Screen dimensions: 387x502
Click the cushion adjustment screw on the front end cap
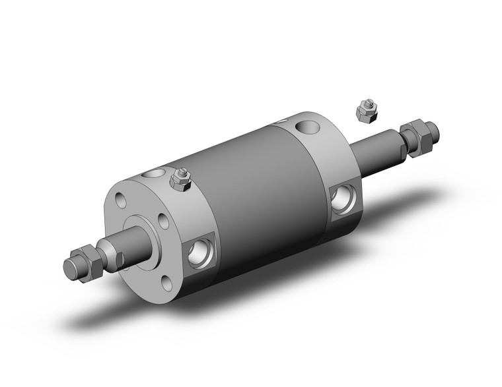coord(179,179)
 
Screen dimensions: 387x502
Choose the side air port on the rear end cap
coord(343,198)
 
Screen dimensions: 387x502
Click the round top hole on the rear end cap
coord(308,125)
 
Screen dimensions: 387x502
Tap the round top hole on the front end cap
coord(155,175)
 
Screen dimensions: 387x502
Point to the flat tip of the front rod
coord(68,268)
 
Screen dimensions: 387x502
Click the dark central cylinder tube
coord(251,191)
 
